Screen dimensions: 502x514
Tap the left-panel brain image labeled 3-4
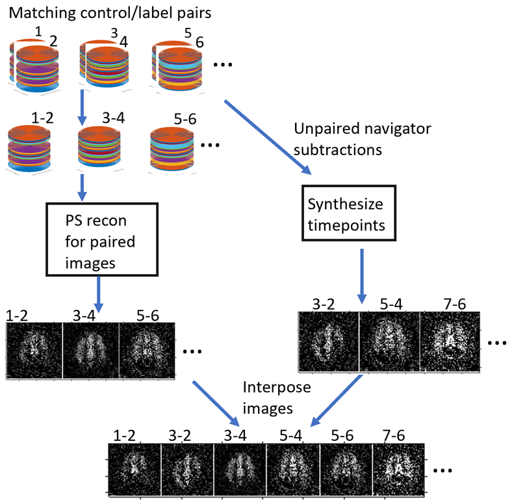[x=90, y=351]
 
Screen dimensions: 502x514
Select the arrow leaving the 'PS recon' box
[x=99, y=294]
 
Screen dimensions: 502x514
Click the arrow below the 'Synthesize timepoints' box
[x=361, y=275]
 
